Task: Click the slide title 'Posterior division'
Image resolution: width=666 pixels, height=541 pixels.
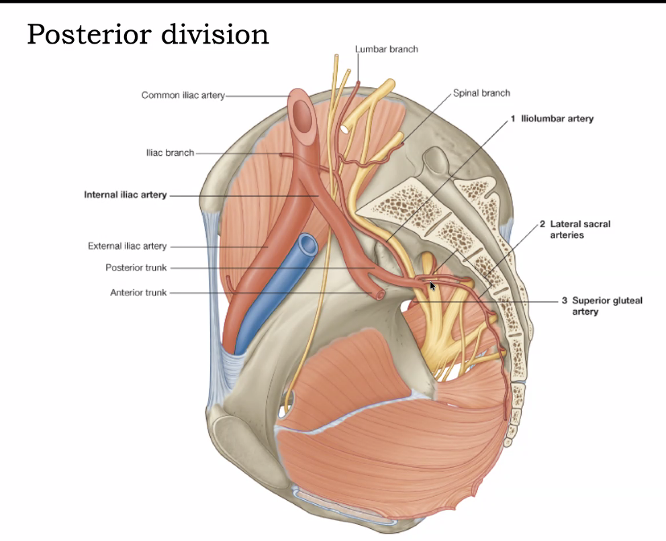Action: [148, 34]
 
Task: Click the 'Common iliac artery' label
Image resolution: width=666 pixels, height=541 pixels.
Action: [183, 95]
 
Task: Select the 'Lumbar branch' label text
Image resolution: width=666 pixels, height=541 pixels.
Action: [387, 49]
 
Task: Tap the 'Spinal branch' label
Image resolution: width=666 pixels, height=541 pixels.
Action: [481, 93]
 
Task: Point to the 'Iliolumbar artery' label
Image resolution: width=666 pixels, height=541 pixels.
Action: [557, 119]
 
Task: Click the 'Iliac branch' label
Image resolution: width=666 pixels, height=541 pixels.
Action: [170, 153]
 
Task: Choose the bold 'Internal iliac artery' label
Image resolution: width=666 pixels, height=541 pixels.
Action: [125, 195]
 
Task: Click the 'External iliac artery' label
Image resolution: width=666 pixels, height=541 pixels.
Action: [127, 246]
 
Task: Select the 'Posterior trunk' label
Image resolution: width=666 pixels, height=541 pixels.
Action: [136, 268]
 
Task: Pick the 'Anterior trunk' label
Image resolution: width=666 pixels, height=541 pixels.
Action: [138, 293]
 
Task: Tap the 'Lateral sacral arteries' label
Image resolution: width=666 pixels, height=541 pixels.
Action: [579, 230]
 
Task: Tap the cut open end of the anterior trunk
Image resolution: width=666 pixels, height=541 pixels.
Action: [381, 294]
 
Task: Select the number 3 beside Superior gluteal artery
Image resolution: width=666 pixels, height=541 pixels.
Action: [565, 301]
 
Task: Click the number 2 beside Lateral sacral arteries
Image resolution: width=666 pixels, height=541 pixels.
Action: [542, 224]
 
